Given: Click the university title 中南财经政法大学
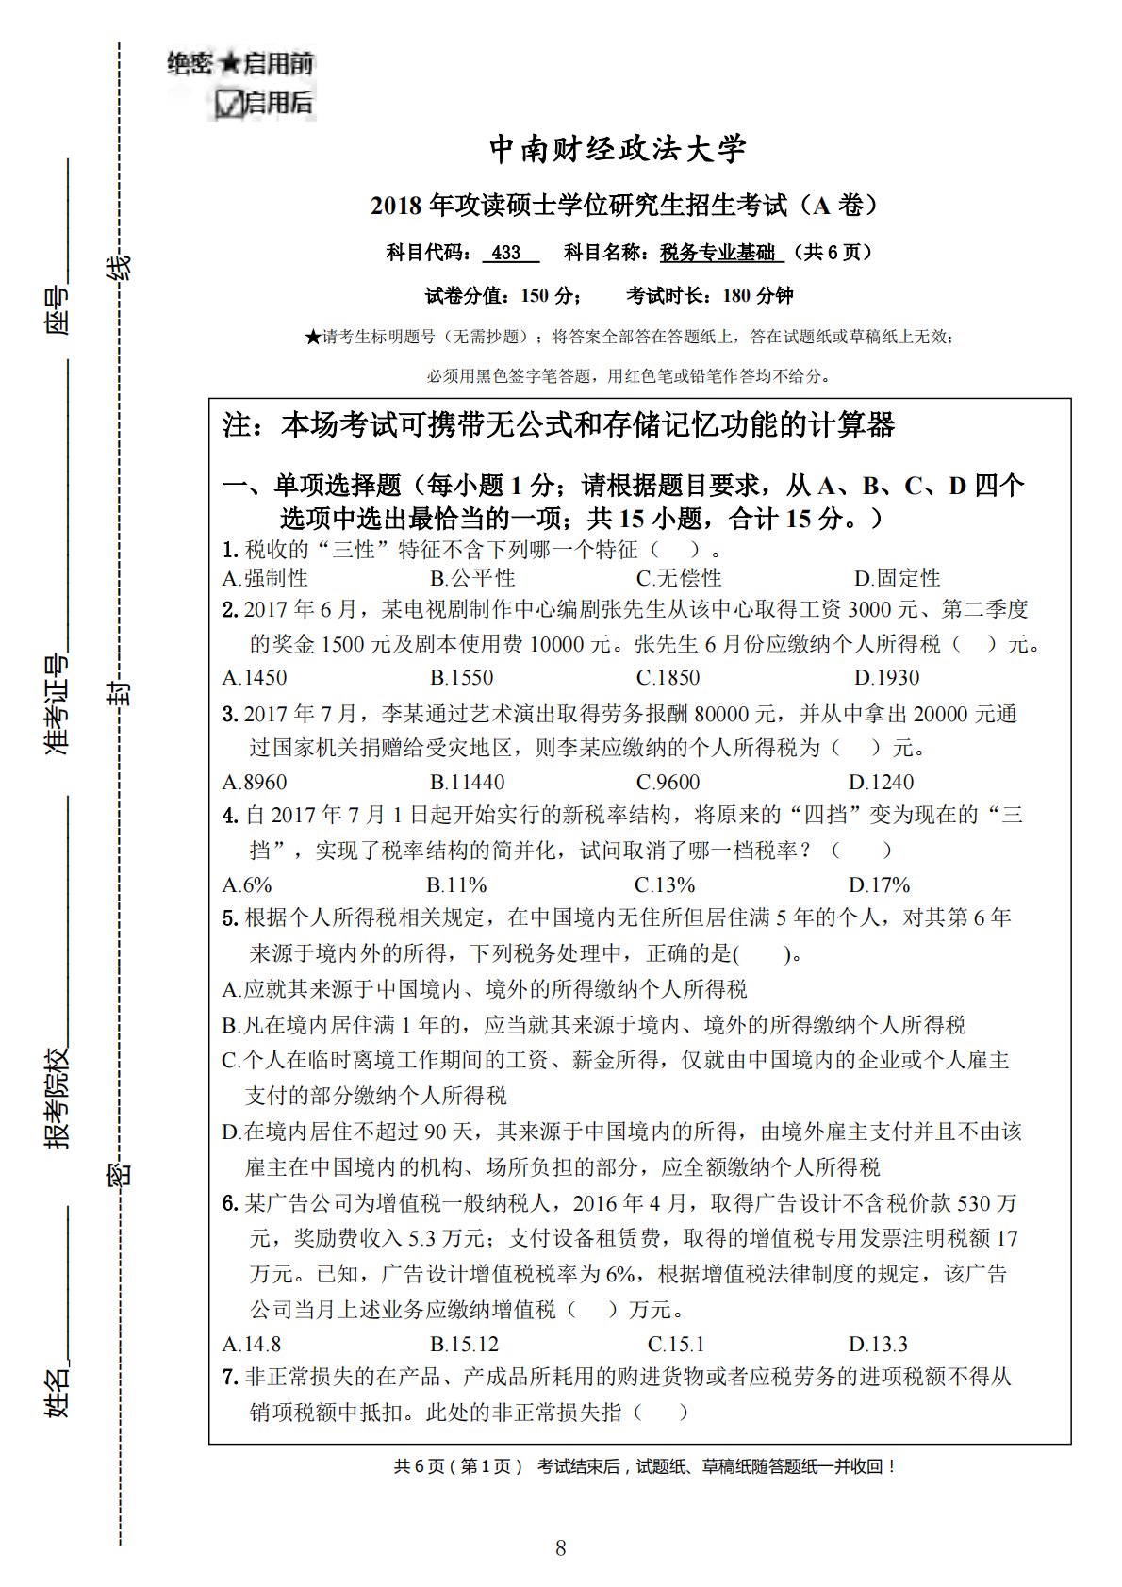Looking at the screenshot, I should [x=618, y=149].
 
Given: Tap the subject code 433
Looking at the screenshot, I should [x=507, y=253].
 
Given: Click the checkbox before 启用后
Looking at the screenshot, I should [x=226, y=103].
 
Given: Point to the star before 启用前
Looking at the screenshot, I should [x=230, y=64].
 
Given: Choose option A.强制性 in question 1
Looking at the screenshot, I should [x=265, y=578].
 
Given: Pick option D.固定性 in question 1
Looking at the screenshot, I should [x=897, y=578].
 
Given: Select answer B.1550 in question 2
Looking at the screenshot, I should [x=461, y=678].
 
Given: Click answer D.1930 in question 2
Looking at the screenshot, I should [x=886, y=678].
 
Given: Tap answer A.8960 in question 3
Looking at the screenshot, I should [x=255, y=782].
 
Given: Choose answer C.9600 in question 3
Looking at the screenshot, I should [x=668, y=782].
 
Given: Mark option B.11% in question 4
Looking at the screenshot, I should [x=456, y=884].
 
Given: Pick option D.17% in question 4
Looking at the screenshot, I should [x=879, y=884].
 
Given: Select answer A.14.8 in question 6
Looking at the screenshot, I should [x=252, y=1344].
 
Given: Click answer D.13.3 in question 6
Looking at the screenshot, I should [x=878, y=1344].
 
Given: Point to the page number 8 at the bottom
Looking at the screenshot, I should [x=561, y=1547].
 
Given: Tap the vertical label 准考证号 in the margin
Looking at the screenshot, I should [x=58, y=703].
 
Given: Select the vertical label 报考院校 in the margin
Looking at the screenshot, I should [x=58, y=1097].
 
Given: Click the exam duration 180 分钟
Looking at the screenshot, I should [x=757, y=296].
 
